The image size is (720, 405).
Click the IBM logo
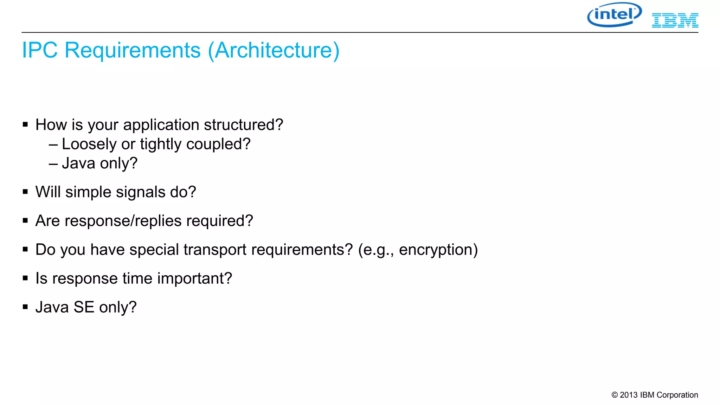point(675,20)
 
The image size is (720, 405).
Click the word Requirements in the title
point(133,50)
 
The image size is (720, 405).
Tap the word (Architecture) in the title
point(274,50)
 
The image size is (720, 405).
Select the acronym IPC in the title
point(40,50)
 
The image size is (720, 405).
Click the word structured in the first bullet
point(243,125)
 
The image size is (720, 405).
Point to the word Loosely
point(89,144)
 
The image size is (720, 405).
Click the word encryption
point(438,250)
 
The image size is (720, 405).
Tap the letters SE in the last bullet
point(84,307)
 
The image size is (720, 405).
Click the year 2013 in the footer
point(629,395)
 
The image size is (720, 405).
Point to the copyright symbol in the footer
point(615,395)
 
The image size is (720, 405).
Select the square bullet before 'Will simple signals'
point(25,192)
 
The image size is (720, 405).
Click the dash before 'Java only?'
point(53,164)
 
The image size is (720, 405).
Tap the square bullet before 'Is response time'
point(25,278)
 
